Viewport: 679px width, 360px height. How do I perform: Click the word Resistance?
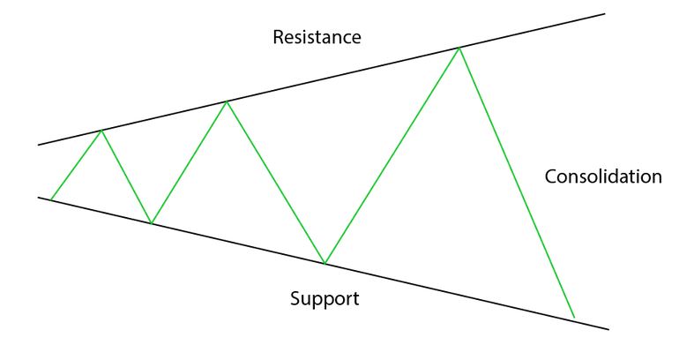[x=317, y=38]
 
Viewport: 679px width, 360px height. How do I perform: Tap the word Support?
[x=325, y=298]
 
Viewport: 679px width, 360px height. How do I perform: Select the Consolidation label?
[x=602, y=176]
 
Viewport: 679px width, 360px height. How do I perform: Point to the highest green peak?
[x=459, y=48]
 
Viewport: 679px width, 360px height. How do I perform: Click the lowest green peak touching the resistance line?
[x=101, y=131]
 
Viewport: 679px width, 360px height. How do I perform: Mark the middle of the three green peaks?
[x=227, y=101]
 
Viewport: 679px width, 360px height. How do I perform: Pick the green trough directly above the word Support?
[x=325, y=263]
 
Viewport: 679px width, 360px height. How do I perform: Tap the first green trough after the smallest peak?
[x=152, y=223]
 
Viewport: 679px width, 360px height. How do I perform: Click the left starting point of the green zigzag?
[x=51, y=199]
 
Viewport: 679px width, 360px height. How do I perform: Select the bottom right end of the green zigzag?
[x=574, y=317]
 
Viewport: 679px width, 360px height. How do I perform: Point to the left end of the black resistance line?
[x=40, y=144]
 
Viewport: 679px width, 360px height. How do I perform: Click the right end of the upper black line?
[x=605, y=13]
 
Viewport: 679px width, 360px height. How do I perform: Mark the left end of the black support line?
[x=40, y=197]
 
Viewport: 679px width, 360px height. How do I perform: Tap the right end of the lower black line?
[x=608, y=329]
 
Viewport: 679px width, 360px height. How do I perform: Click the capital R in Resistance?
[x=279, y=38]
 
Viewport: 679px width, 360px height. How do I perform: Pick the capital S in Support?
[x=296, y=298]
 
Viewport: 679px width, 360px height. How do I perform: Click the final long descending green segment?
[x=516, y=181]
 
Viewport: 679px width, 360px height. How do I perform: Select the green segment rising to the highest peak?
[x=392, y=155]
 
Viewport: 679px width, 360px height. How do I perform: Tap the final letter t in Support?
[x=355, y=298]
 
